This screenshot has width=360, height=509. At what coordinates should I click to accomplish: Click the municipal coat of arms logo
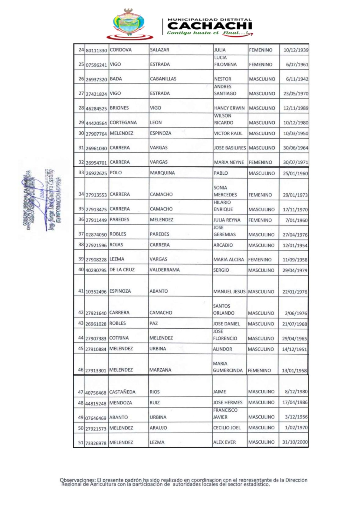[x=130, y=24]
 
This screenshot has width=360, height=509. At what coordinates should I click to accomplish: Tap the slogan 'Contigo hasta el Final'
[x=208, y=33]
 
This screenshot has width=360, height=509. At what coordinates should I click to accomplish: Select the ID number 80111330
[x=96, y=51]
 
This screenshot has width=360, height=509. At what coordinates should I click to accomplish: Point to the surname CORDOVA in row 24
[x=121, y=50]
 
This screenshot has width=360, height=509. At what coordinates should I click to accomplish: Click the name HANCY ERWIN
[x=229, y=108]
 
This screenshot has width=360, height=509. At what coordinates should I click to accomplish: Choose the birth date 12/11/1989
[x=296, y=108]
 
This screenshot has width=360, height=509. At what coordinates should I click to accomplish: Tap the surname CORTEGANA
[x=123, y=122]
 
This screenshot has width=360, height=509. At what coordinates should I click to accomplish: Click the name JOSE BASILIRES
[x=230, y=148]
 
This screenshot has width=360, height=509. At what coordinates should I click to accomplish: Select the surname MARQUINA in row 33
[x=162, y=173]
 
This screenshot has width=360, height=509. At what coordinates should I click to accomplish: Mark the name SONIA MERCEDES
[x=225, y=191]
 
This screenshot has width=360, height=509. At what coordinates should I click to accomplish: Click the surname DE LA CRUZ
[x=122, y=270]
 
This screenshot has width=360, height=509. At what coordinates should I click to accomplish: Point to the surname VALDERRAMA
[x=165, y=270]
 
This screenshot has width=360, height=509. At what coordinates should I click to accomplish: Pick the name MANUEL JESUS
[x=229, y=291]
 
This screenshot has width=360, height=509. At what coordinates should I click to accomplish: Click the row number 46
[x=81, y=370]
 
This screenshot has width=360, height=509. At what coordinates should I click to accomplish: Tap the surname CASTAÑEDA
[x=122, y=392]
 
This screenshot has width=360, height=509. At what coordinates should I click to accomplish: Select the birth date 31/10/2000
[x=295, y=442]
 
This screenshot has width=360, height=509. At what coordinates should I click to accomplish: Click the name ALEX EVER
[x=224, y=442]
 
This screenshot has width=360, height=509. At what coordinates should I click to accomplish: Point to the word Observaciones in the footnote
[x=77, y=480]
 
